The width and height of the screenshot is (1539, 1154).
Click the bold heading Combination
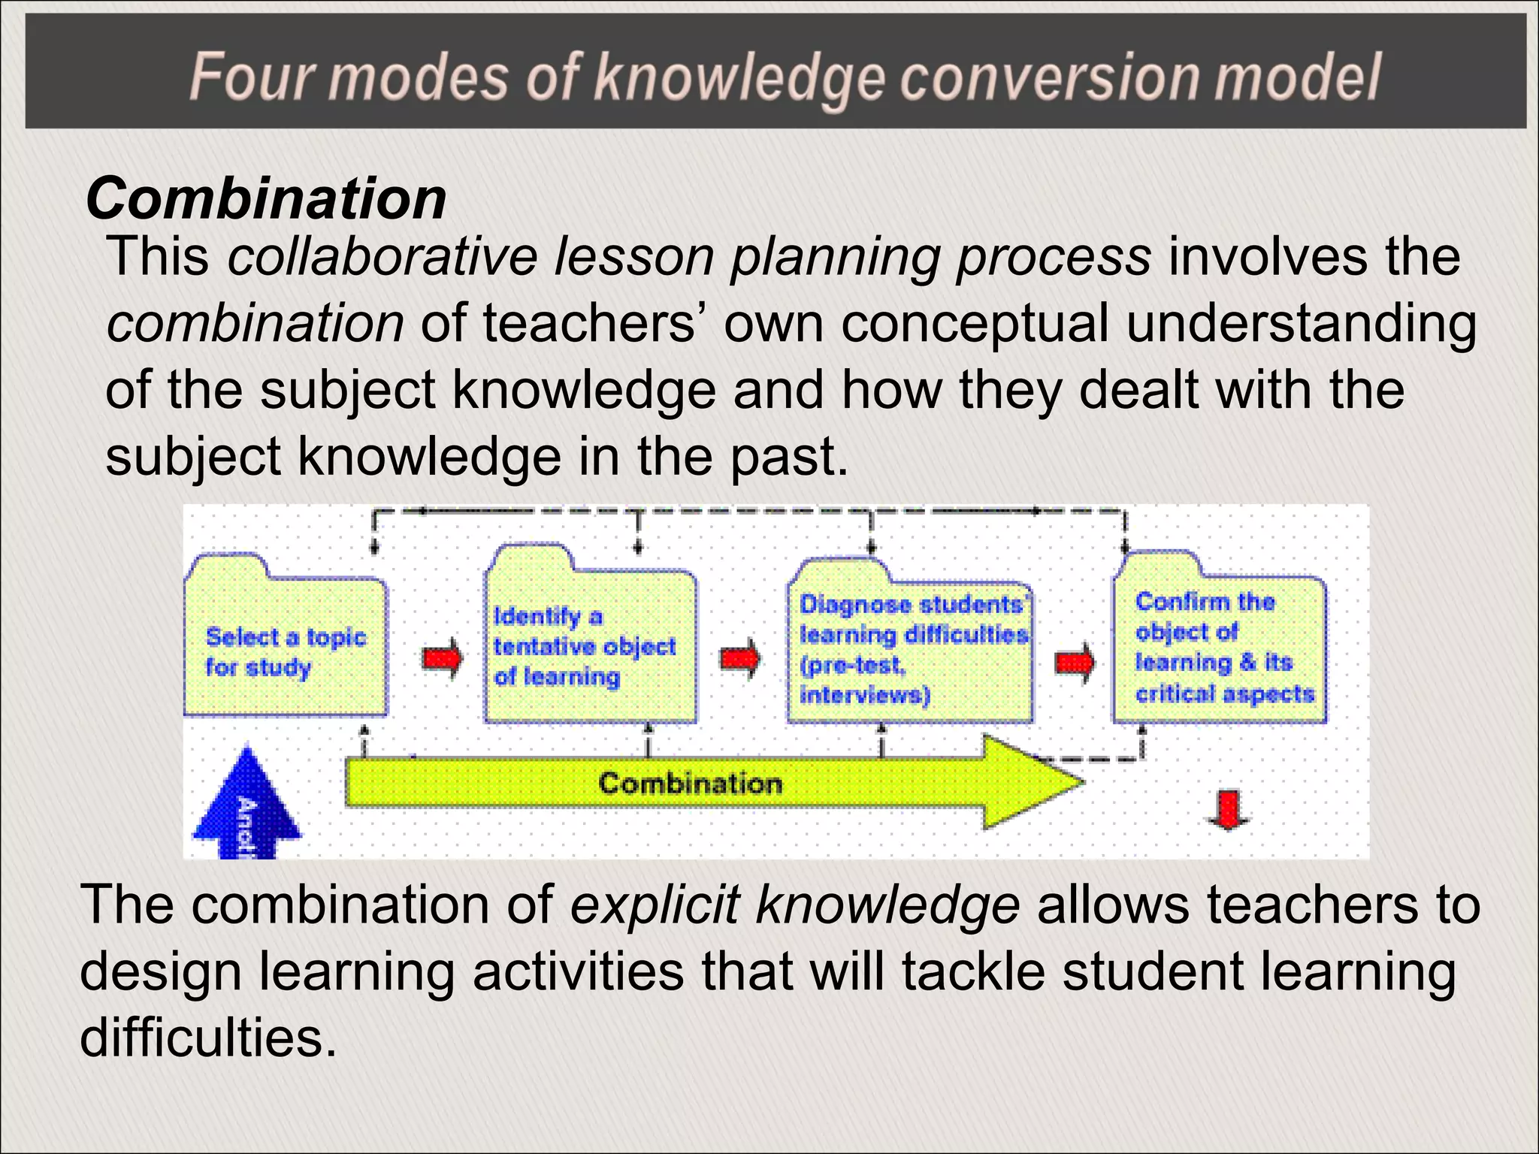(x=267, y=199)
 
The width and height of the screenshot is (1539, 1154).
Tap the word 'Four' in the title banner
(x=252, y=77)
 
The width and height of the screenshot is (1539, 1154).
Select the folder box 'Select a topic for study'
(x=286, y=650)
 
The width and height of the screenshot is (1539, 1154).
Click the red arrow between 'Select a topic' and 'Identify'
(x=442, y=659)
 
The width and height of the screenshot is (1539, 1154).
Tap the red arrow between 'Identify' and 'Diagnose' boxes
(x=739, y=659)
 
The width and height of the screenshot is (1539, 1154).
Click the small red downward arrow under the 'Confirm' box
(x=1228, y=810)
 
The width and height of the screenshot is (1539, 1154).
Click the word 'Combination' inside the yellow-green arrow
(x=690, y=784)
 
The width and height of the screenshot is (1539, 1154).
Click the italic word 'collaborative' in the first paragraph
(x=382, y=257)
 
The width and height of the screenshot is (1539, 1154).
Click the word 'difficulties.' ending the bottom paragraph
(x=208, y=1038)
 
